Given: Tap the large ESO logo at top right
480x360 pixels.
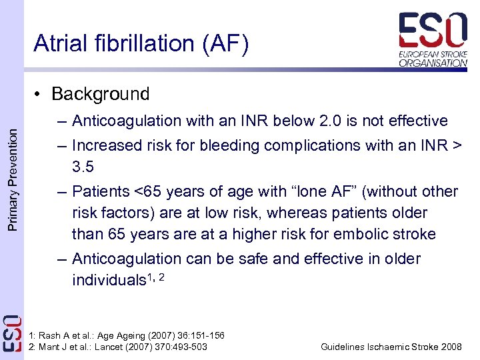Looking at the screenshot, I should (433, 29).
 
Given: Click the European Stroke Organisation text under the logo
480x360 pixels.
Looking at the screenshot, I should (433, 57).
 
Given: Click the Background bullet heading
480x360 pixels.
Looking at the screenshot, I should (100, 94).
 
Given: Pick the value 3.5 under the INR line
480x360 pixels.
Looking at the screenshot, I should (84, 166).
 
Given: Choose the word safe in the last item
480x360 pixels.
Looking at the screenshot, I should (261, 259).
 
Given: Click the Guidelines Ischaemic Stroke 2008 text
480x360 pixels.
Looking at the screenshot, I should (391, 347).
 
